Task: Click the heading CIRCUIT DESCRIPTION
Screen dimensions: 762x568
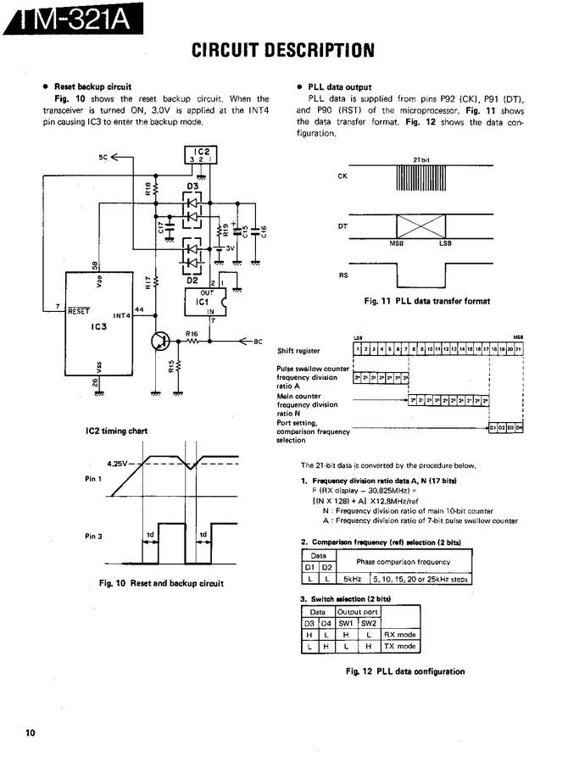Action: pos(283,50)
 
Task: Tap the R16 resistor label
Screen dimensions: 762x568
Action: pos(192,334)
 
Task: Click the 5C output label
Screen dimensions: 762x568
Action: pos(103,157)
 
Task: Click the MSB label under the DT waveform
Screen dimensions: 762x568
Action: pos(395,244)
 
